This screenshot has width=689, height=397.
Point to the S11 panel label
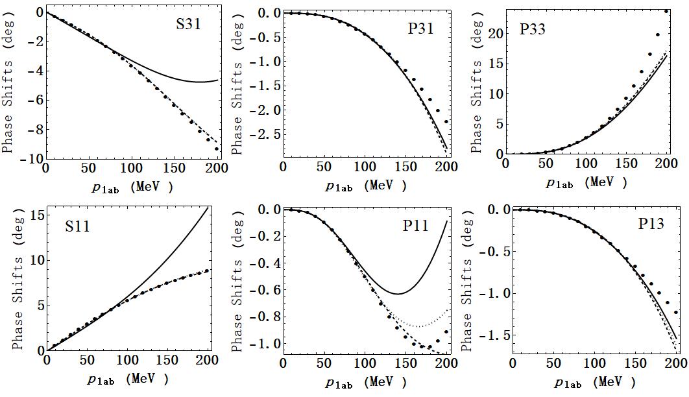click(77, 228)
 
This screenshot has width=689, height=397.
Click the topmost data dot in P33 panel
click(666, 11)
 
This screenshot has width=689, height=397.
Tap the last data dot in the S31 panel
click(217, 149)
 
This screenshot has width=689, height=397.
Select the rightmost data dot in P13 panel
click(676, 312)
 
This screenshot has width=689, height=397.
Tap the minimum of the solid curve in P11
click(398, 294)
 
